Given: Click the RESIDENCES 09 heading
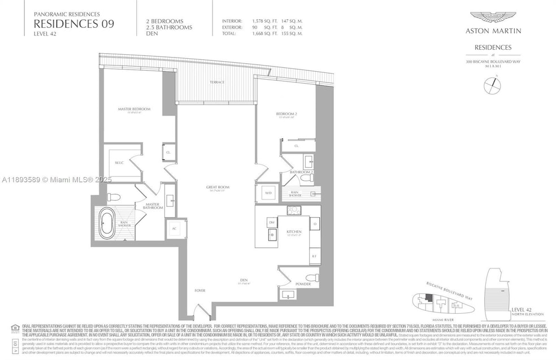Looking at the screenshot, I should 73,24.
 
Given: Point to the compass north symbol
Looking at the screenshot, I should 492,85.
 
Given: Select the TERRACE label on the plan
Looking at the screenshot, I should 217,83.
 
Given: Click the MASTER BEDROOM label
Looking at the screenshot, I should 134,109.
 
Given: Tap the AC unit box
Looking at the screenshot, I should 173,229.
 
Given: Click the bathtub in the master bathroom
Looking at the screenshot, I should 107,224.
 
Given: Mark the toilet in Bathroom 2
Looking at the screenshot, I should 306,177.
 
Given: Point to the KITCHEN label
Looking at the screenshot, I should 294,232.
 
